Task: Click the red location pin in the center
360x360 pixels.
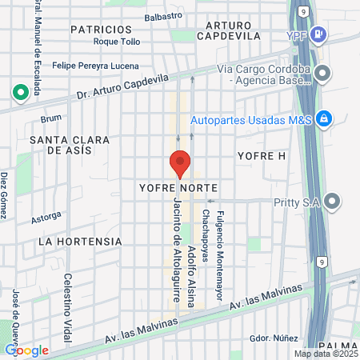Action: [180, 163]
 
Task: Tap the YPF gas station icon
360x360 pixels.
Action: [318, 35]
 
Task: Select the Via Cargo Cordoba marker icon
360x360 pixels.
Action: [323, 74]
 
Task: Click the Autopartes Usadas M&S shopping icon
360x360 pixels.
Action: [323, 119]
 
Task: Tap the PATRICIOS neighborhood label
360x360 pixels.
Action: [101, 29]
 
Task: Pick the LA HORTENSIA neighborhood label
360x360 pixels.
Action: [80, 241]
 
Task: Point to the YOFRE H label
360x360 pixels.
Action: [261, 154]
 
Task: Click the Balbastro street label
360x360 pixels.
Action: [163, 17]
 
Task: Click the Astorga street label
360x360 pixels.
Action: [46, 216]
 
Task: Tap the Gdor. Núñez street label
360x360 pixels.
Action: [269, 338]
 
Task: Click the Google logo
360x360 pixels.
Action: [26, 350]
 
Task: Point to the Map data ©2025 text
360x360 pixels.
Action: [325, 354]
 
